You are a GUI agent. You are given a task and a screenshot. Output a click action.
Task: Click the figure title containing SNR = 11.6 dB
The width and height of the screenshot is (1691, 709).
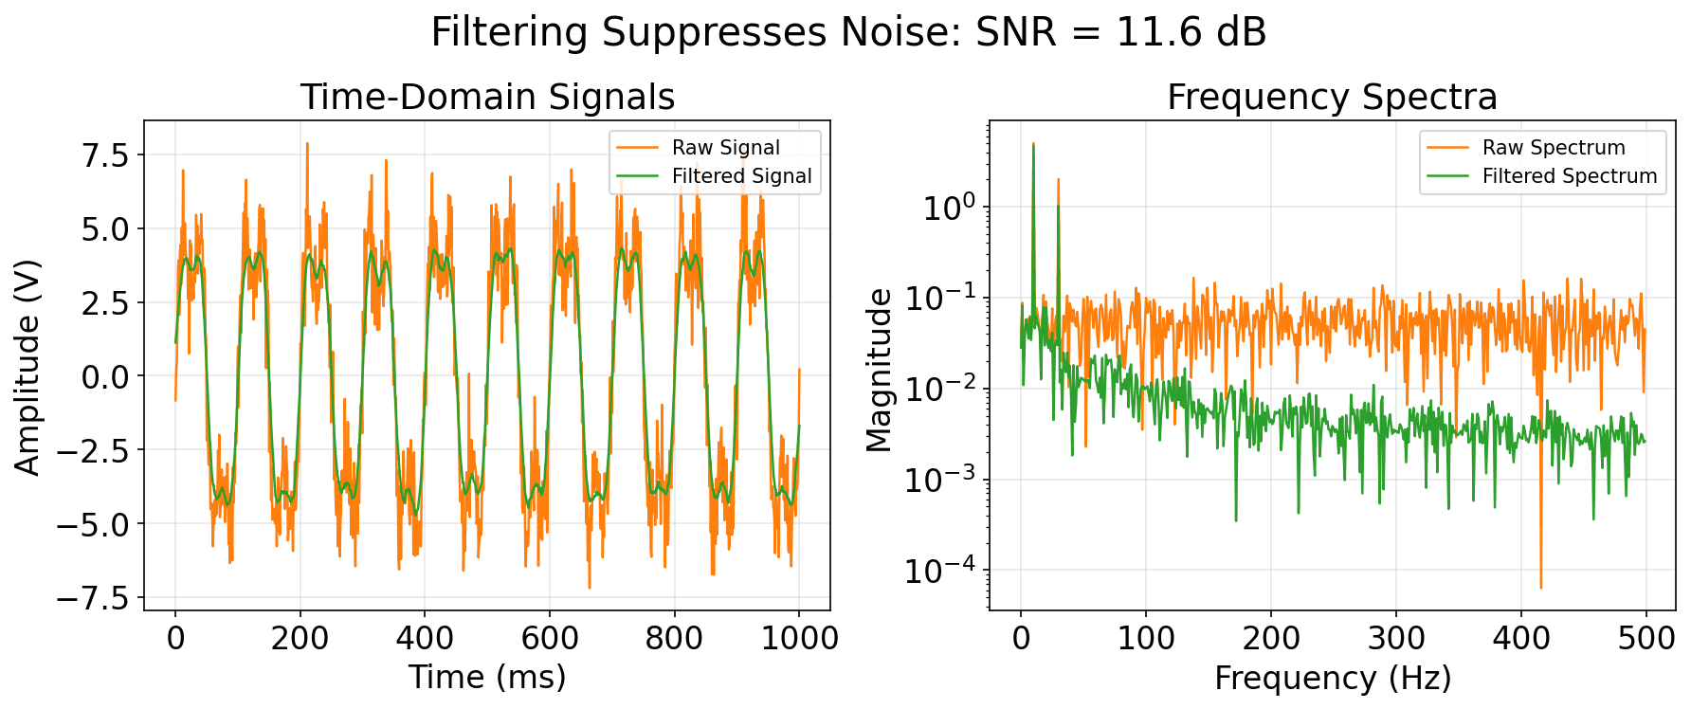(848, 33)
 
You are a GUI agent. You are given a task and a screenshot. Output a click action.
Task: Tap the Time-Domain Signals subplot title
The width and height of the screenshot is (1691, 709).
(487, 98)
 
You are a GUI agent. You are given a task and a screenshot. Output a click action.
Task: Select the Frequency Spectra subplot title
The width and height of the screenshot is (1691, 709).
(1332, 98)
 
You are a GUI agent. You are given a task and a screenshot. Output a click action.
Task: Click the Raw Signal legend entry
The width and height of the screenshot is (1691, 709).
(725, 148)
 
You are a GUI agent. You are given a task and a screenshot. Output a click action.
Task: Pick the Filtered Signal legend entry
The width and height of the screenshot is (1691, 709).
(741, 176)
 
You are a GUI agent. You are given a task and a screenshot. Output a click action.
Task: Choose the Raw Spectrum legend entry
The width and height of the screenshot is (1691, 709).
(1553, 148)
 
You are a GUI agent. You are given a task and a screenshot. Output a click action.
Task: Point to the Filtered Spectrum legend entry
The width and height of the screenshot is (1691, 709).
(1569, 176)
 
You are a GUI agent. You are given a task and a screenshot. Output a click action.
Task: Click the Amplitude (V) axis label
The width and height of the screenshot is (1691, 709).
(27, 366)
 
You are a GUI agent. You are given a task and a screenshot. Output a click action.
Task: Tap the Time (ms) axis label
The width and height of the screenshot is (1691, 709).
(487, 678)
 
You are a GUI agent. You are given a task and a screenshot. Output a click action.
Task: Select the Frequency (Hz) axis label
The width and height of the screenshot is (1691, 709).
(1332, 678)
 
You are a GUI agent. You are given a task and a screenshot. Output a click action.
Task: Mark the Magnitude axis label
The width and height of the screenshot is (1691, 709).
(879, 370)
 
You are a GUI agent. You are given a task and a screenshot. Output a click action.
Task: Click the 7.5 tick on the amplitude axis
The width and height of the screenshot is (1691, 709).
(106, 155)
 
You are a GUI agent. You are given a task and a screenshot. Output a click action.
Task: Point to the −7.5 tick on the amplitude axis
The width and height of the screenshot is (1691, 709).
(93, 598)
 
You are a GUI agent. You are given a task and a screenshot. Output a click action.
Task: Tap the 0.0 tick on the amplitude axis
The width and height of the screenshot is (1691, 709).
(106, 377)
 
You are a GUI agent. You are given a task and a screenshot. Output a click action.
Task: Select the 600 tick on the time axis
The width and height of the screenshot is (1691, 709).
(550, 638)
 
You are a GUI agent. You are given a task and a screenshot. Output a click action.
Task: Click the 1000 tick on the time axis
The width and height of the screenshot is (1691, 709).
(799, 638)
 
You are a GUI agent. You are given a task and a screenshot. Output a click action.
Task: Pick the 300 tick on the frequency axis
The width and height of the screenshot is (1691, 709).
(1395, 638)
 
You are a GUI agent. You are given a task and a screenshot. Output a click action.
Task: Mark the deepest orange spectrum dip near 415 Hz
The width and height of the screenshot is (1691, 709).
(1540, 587)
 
